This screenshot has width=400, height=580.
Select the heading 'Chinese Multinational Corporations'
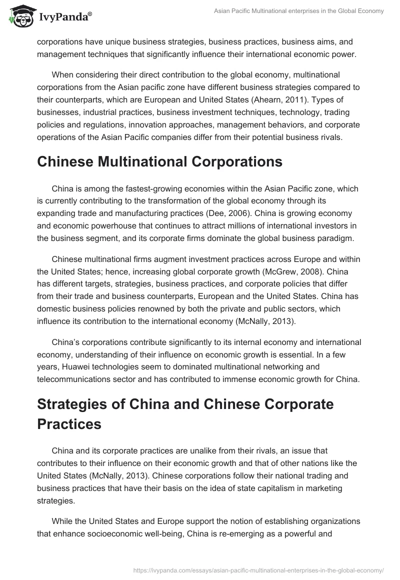159,161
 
